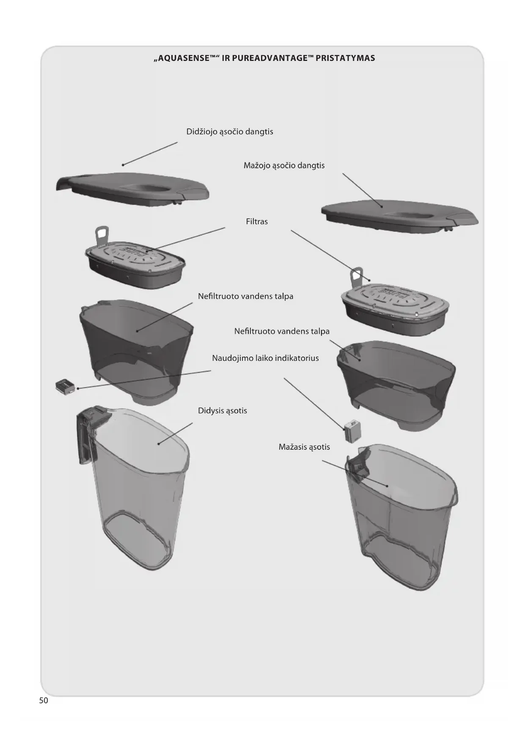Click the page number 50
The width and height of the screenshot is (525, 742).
(44, 700)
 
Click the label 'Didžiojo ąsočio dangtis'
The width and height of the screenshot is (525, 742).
(230, 132)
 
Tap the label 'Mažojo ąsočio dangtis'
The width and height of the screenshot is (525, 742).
(284, 165)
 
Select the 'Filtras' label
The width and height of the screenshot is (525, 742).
(257, 221)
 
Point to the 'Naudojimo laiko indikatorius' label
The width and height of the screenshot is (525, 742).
(265, 358)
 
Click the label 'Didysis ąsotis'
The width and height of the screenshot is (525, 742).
(223, 411)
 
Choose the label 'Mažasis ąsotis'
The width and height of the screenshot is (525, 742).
(304, 447)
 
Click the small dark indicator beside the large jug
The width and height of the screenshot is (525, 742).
(65, 386)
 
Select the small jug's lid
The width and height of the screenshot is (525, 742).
(400, 216)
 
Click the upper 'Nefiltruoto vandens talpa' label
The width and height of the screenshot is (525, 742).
(245, 296)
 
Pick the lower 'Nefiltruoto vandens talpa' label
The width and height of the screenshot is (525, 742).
(282, 331)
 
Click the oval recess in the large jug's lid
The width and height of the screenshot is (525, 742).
(146, 189)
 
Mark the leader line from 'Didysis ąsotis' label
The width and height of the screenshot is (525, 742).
(176, 433)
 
